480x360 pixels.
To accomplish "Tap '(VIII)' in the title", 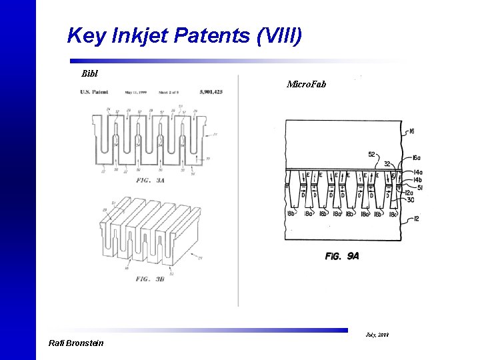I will pos(279,35).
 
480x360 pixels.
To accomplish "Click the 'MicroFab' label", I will pos(306,84).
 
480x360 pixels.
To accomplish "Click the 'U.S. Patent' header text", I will pos(95,92).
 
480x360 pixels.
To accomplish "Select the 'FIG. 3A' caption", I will pos(151,180).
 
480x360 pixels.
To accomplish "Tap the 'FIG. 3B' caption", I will pos(151,279).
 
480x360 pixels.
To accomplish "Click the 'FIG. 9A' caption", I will pos(342,256).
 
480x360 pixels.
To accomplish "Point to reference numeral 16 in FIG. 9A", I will pos(411,132).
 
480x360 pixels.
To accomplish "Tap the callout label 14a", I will pos(417,172).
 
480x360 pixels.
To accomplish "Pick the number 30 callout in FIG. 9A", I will pos(411,199).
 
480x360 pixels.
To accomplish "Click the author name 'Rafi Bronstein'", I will pos(76,343).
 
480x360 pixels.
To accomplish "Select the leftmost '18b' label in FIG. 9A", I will pos(291,213).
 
